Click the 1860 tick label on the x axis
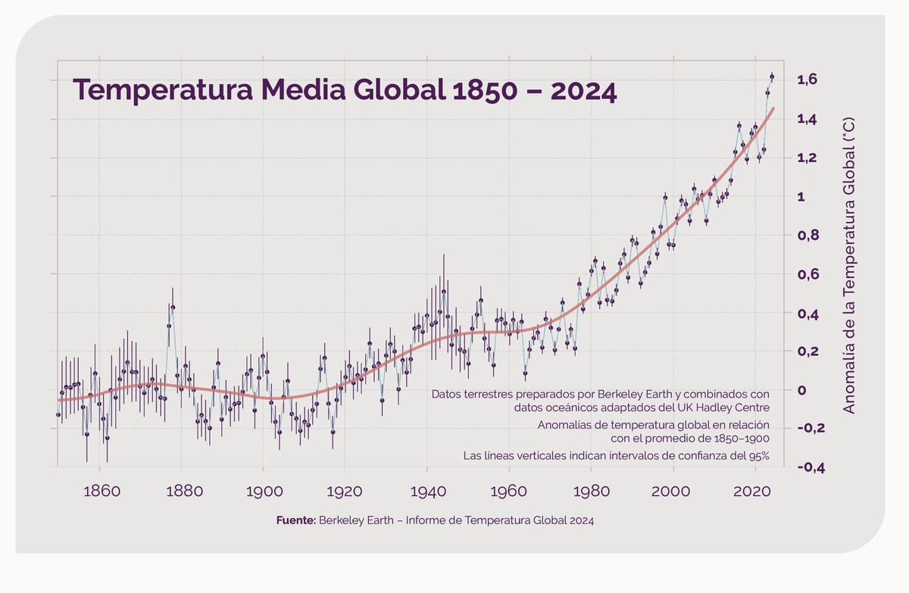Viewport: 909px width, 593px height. pyautogui.click(x=102, y=492)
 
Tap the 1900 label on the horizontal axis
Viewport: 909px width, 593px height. pyautogui.click(x=264, y=492)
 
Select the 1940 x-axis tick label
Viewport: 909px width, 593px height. pyautogui.click(x=428, y=492)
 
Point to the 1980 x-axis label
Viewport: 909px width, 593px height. pyautogui.click(x=592, y=492)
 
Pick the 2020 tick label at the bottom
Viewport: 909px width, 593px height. pyautogui.click(x=752, y=492)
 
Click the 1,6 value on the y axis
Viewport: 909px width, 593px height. pyautogui.click(x=807, y=80)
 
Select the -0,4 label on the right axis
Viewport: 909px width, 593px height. pyautogui.click(x=811, y=468)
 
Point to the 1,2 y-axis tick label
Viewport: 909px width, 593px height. pyautogui.click(x=807, y=158)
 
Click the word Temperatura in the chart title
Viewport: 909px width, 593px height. pyautogui.click(x=163, y=89)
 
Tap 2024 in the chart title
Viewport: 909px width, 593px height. pyautogui.click(x=583, y=91)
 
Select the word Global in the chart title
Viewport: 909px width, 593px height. pyautogui.click(x=400, y=89)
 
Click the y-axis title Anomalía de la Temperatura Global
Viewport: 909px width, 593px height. pyautogui.click(x=848, y=265)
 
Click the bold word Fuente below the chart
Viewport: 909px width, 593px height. pyautogui.click(x=296, y=520)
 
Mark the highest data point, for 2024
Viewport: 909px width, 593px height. pyautogui.click(x=772, y=76)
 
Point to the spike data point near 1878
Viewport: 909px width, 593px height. pyautogui.click(x=173, y=307)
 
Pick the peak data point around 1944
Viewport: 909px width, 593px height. pyautogui.click(x=444, y=292)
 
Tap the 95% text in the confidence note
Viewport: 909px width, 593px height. pyautogui.click(x=759, y=456)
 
